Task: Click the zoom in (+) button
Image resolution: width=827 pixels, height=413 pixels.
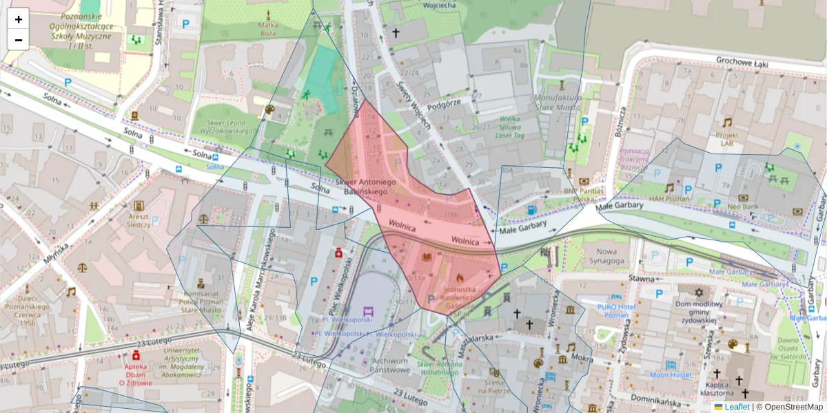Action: click(x=19, y=19)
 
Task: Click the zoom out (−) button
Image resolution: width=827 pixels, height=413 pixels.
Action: click(x=19, y=40)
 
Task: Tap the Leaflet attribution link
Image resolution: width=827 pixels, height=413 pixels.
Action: click(x=736, y=407)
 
